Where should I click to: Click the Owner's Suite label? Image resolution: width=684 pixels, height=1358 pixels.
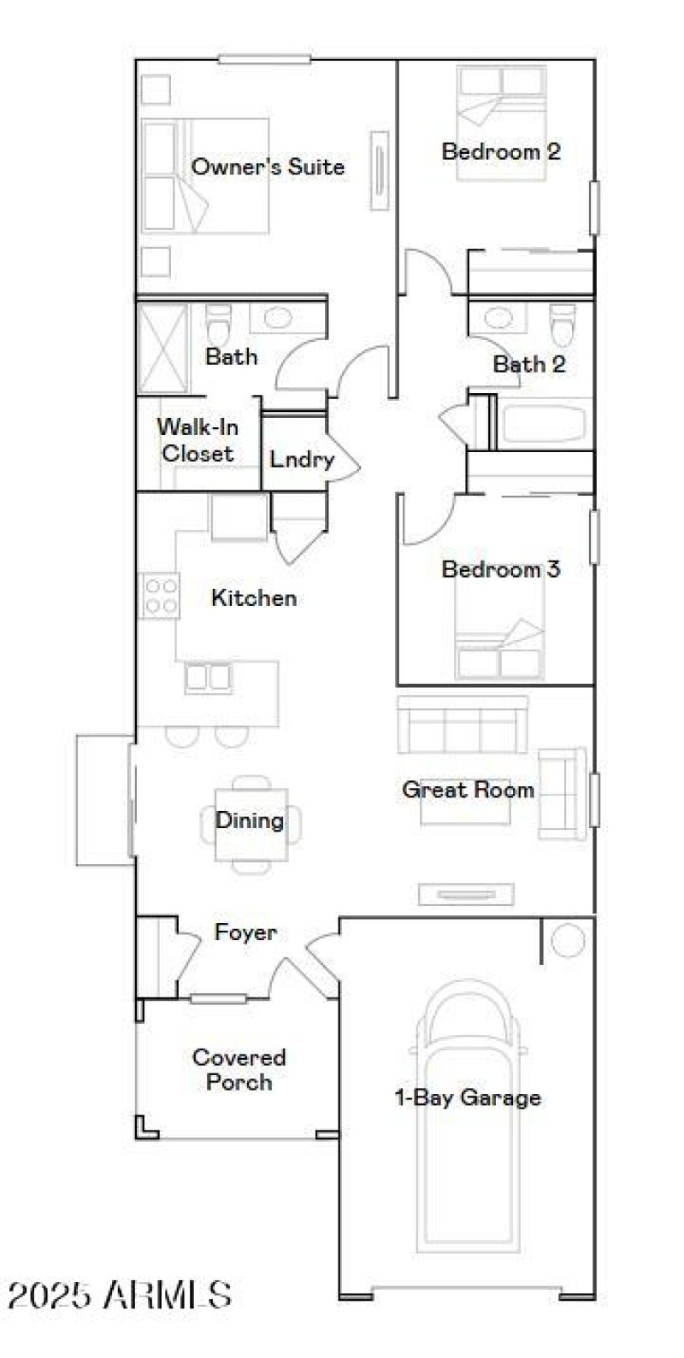[x=268, y=167]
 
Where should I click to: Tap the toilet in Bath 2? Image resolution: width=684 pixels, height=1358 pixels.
[x=562, y=322]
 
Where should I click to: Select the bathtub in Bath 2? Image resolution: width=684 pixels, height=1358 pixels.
[x=544, y=424]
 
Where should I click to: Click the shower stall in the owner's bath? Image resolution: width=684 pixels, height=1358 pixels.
[x=162, y=348]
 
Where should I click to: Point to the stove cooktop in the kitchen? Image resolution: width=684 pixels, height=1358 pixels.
[x=160, y=596]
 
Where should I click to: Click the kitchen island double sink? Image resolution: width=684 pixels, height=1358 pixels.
[x=209, y=676]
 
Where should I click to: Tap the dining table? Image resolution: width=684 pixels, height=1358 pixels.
[x=250, y=822]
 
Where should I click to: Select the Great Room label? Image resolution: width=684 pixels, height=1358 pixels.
[x=468, y=789]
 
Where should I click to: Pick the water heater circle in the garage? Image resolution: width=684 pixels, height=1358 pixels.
[x=567, y=941]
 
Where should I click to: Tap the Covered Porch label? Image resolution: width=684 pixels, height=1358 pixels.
[x=239, y=1070]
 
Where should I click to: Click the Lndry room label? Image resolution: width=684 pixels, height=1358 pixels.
[x=301, y=459]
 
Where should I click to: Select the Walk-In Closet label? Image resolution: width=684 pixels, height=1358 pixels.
[x=198, y=440]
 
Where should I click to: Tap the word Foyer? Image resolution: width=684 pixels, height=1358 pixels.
[x=245, y=932]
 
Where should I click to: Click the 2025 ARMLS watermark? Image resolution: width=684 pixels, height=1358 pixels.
[x=120, y=1295]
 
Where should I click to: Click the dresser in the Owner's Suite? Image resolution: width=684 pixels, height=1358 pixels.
[x=379, y=170]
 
